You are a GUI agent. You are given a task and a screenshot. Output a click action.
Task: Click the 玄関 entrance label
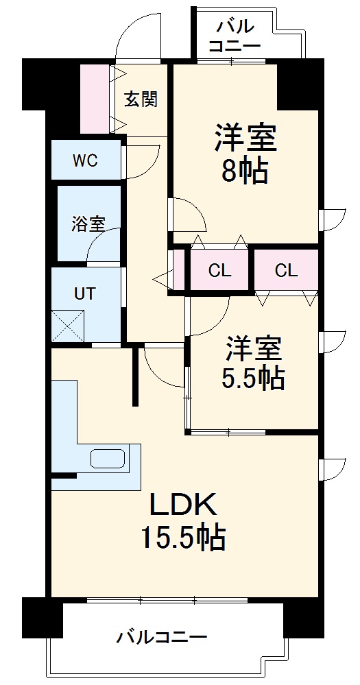[141, 99]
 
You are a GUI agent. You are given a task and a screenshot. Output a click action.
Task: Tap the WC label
[86, 161]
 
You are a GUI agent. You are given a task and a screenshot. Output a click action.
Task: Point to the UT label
[84, 293]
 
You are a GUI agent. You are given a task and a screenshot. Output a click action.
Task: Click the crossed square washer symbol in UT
[68, 326]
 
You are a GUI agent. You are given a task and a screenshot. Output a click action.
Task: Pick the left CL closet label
[219, 270]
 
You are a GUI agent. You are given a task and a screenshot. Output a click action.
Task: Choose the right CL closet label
[286, 270]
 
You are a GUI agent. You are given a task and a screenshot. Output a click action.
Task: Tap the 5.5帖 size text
[254, 378]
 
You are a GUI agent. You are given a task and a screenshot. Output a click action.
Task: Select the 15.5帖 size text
[183, 538]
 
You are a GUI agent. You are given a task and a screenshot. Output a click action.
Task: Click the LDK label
[184, 505]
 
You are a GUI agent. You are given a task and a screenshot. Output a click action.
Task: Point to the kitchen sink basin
[108, 459]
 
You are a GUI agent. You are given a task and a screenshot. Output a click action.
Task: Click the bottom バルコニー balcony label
[162, 638]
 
